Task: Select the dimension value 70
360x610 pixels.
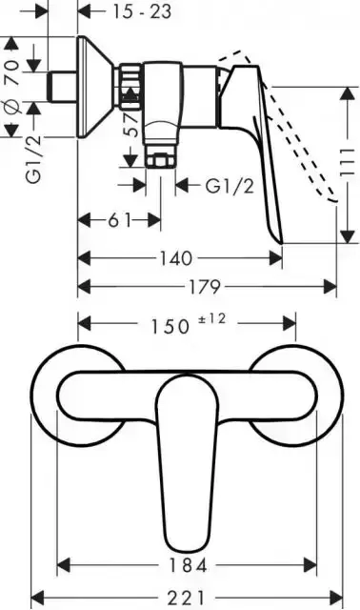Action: coord(12,70)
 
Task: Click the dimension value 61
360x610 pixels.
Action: coord(117,220)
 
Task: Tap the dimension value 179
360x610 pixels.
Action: coord(204,286)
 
